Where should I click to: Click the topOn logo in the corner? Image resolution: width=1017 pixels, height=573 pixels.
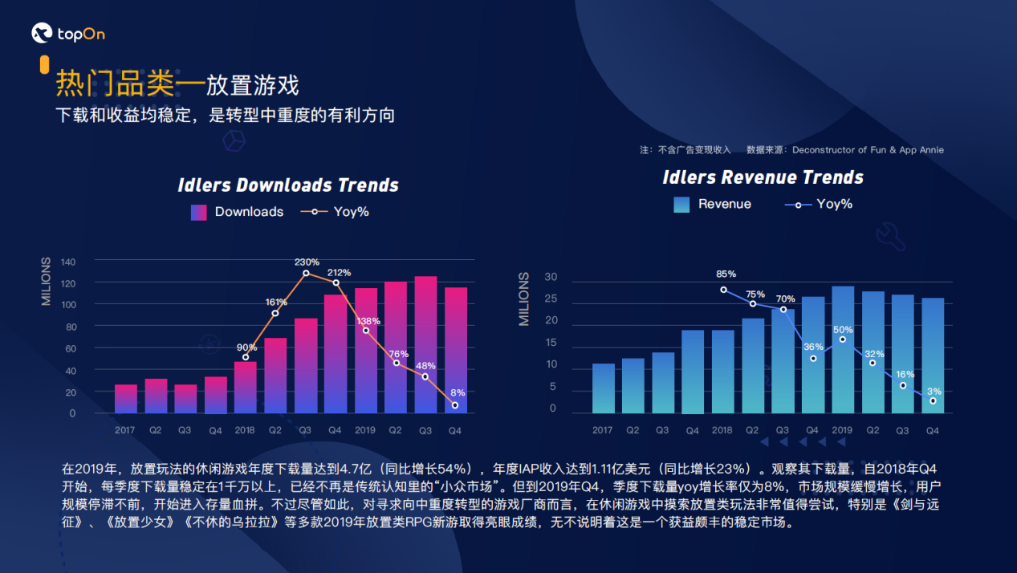tap(67, 34)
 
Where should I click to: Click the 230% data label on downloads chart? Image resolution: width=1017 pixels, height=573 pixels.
tap(307, 262)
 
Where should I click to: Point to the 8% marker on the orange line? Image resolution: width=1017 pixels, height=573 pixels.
tap(455, 405)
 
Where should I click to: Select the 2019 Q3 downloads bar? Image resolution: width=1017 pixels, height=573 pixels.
tap(425, 345)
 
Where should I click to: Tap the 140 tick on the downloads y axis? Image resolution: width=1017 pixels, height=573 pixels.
tap(67, 262)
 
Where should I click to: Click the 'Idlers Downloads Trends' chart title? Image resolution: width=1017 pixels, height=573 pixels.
tap(287, 185)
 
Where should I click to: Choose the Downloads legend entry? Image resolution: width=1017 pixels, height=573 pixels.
tap(238, 212)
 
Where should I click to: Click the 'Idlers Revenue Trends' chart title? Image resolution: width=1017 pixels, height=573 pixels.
tap(763, 177)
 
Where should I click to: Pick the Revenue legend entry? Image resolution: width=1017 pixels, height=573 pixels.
tap(713, 204)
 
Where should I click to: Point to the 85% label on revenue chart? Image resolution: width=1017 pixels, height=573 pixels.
tap(726, 274)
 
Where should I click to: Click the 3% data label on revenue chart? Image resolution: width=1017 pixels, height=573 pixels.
tap(934, 391)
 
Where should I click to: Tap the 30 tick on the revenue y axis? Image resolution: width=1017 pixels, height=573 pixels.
tap(550, 277)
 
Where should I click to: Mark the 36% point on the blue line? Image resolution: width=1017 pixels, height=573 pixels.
tap(813, 358)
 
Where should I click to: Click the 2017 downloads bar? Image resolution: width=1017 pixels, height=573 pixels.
tap(125, 399)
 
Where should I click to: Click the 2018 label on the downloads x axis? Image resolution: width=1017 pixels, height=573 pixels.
tap(245, 430)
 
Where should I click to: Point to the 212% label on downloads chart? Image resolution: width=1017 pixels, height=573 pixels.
tap(339, 272)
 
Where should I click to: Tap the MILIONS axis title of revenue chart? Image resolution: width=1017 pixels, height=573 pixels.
tap(524, 299)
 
